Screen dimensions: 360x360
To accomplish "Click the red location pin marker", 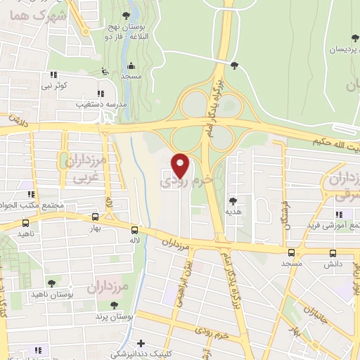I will pyautogui.click(x=181, y=165).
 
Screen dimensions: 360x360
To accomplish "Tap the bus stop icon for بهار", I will pyautogui.click(x=96, y=217).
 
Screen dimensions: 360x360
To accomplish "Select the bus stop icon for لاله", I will pyautogui.click(x=134, y=229).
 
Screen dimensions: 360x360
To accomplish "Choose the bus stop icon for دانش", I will pyautogui.click(x=333, y=252).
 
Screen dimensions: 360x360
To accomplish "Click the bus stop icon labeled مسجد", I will pyautogui.click(x=291, y=252).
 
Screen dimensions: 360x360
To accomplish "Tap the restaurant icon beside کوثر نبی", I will pyautogui.click(x=53, y=75).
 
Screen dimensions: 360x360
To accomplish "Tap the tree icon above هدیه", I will pyautogui.click(x=233, y=201).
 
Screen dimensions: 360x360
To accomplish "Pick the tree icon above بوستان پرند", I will pyautogui.click(x=114, y=306).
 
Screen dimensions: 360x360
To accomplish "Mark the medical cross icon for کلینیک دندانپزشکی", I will pyautogui.click(x=141, y=344).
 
